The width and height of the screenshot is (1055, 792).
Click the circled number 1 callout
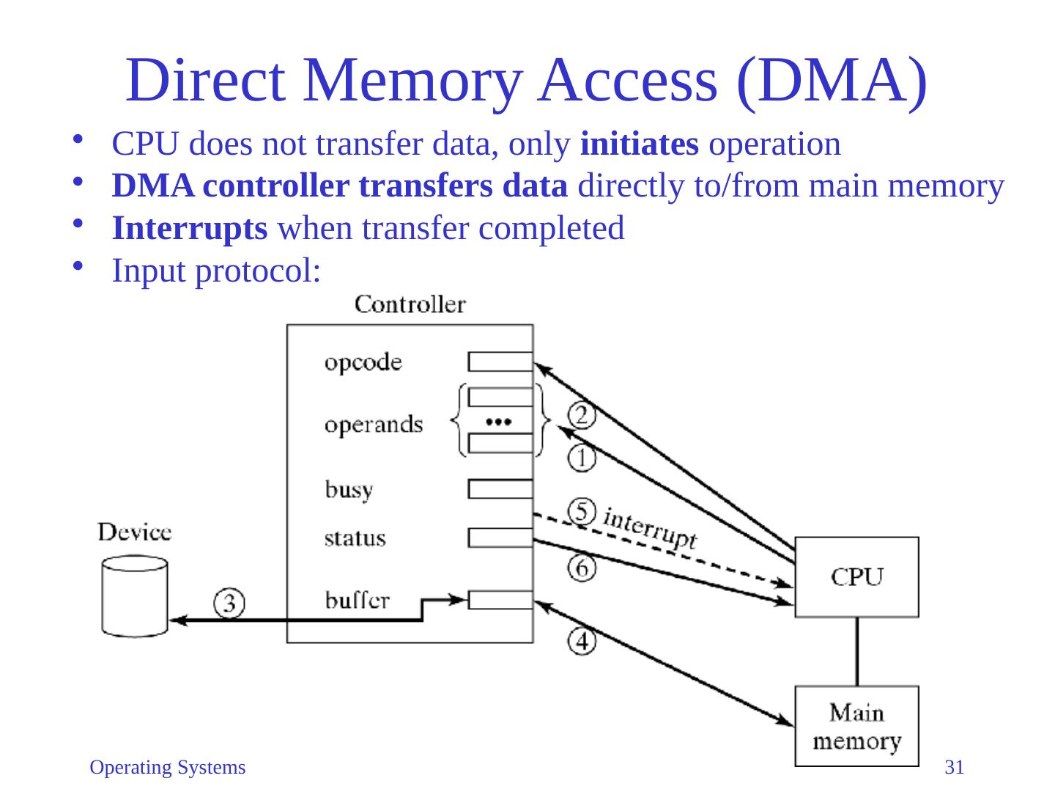pos(581,458)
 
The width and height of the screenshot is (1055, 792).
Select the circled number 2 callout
pos(581,416)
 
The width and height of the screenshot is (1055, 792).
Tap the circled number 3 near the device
pos(229,603)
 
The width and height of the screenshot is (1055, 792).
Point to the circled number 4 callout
pos(582,641)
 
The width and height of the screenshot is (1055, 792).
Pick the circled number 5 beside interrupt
pos(582,511)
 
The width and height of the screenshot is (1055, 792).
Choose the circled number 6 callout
pos(582,568)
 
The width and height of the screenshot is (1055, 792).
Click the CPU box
pos(856,576)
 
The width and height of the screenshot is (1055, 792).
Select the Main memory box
pos(856,726)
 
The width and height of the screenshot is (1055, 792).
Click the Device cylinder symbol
pos(135,597)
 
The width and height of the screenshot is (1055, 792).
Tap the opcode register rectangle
pos(500,362)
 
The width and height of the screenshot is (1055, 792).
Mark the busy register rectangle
pos(500,489)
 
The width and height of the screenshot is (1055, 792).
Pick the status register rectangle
pos(500,538)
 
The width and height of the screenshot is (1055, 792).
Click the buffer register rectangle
pos(500,600)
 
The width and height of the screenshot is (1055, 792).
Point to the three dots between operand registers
pos(498,422)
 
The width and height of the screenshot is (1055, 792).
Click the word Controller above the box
pos(410,304)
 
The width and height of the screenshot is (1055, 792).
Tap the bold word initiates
pos(639,144)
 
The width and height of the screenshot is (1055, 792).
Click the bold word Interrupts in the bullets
pos(189,229)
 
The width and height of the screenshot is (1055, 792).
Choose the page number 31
pos(954,767)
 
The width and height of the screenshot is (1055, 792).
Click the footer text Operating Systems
pos(167,768)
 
